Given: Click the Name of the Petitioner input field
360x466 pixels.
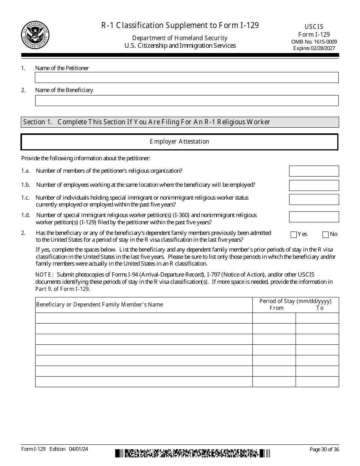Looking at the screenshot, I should point(186,78).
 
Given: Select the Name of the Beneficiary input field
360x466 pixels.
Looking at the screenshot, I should point(186,100).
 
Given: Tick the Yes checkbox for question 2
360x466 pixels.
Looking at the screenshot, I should point(293,235).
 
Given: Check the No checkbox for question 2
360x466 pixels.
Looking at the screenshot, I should point(325,235).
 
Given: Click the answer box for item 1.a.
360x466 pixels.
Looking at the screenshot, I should point(314,171).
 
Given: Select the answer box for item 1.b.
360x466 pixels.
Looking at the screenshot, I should point(314,185).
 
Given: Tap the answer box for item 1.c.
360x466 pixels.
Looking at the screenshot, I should point(314,199).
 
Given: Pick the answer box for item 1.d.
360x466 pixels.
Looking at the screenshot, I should point(314,217).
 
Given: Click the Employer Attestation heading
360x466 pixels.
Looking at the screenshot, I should point(179,142).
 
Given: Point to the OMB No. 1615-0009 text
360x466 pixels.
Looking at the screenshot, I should point(314,42).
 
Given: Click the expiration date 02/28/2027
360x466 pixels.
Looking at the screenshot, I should point(323,48).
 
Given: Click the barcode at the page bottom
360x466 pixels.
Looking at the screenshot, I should point(193,453).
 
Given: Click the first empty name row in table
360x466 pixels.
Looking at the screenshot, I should point(144,318).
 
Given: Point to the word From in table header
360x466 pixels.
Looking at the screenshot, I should point(276,308).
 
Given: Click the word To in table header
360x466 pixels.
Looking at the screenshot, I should point(320,308).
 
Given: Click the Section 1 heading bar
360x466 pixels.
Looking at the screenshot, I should point(180,122).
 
